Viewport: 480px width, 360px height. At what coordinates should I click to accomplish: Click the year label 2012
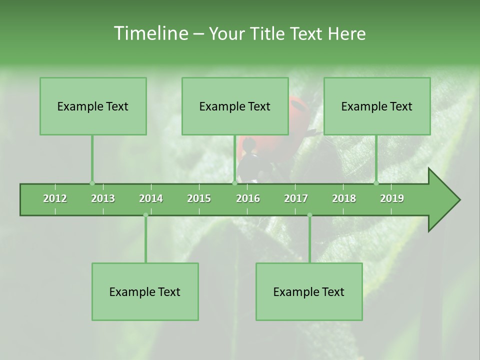pyautogui.click(x=55, y=198)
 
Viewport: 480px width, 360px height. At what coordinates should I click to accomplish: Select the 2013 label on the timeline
pyautogui.click(x=103, y=198)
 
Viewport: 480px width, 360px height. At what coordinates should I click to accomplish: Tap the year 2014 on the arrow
pyautogui.click(x=151, y=198)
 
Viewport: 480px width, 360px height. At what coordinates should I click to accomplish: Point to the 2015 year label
pyautogui.click(x=199, y=198)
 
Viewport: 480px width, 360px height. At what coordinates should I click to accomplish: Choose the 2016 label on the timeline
pyautogui.click(x=248, y=198)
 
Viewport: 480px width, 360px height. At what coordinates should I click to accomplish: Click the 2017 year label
pyautogui.click(x=296, y=198)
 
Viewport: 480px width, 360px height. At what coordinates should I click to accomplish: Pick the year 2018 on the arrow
pyautogui.click(x=344, y=198)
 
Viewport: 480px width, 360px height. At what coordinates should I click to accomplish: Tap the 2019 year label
pyautogui.click(x=392, y=198)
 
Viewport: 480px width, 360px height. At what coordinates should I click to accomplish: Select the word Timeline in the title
pyautogui.click(x=150, y=33)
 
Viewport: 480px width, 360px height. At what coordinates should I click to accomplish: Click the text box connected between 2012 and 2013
pyautogui.click(x=93, y=106)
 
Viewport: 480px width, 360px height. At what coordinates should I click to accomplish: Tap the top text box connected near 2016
pyautogui.click(x=235, y=106)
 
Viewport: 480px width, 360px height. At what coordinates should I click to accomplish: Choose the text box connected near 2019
pyautogui.click(x=377, y=106)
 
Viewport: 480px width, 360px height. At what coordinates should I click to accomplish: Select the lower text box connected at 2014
pyautogui.click(x=145, y=291)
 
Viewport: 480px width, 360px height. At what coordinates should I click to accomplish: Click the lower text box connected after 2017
pyautogui.click(x=309, y=291)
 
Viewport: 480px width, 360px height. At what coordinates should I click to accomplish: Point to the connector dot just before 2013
pyautogui.click(x=92, y=183)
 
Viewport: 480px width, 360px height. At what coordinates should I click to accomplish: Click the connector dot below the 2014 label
pyautogui.click(x=145, y=215)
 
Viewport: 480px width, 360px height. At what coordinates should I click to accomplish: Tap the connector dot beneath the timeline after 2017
pyautogui.click(x=309, y=215)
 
